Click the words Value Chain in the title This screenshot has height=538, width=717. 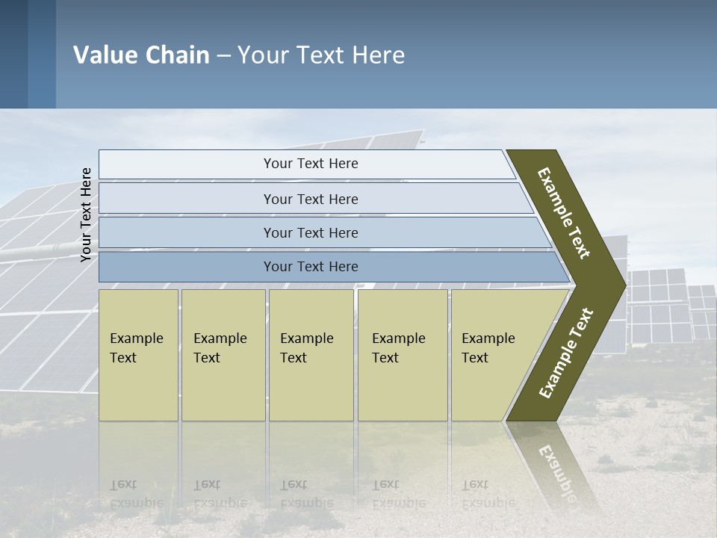coord(141,55)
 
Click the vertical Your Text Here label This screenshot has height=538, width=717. coord(86,214)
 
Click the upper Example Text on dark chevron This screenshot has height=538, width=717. coord(564,213)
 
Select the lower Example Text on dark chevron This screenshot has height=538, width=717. coord(566,353)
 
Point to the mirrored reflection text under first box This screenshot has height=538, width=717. coord(137,494)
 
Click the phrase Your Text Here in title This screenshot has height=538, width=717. coord(321,55)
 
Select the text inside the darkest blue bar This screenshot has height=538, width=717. coord(311,267)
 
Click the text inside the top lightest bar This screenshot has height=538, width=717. coord(311,164)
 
